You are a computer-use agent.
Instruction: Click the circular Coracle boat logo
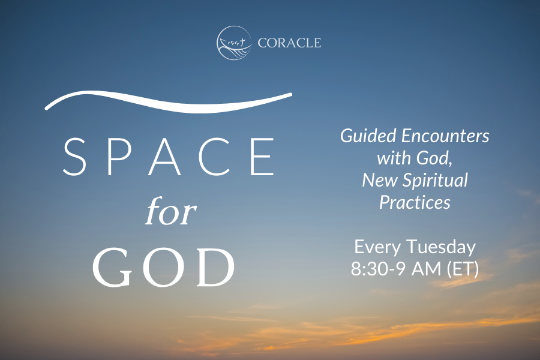[234, 43]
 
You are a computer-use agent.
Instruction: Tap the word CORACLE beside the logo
[289, 43]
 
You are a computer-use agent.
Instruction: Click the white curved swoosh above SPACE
[169, 102]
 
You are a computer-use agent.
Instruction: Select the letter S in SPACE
[74, 157]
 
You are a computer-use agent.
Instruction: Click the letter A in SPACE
[167, 157]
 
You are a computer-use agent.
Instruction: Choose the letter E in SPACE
[262, 157]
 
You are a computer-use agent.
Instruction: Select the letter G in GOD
[112, 268]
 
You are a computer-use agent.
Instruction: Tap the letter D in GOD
[215, 268]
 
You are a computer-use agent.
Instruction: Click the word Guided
[368, 136]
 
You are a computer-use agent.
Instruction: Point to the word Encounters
[445, 136]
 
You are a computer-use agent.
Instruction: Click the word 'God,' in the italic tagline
[434, 158]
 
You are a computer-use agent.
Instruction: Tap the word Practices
[415, 203]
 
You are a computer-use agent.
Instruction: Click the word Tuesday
[441, 247]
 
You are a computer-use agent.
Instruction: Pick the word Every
[378, 247]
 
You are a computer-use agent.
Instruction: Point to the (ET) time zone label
[463, 269]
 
